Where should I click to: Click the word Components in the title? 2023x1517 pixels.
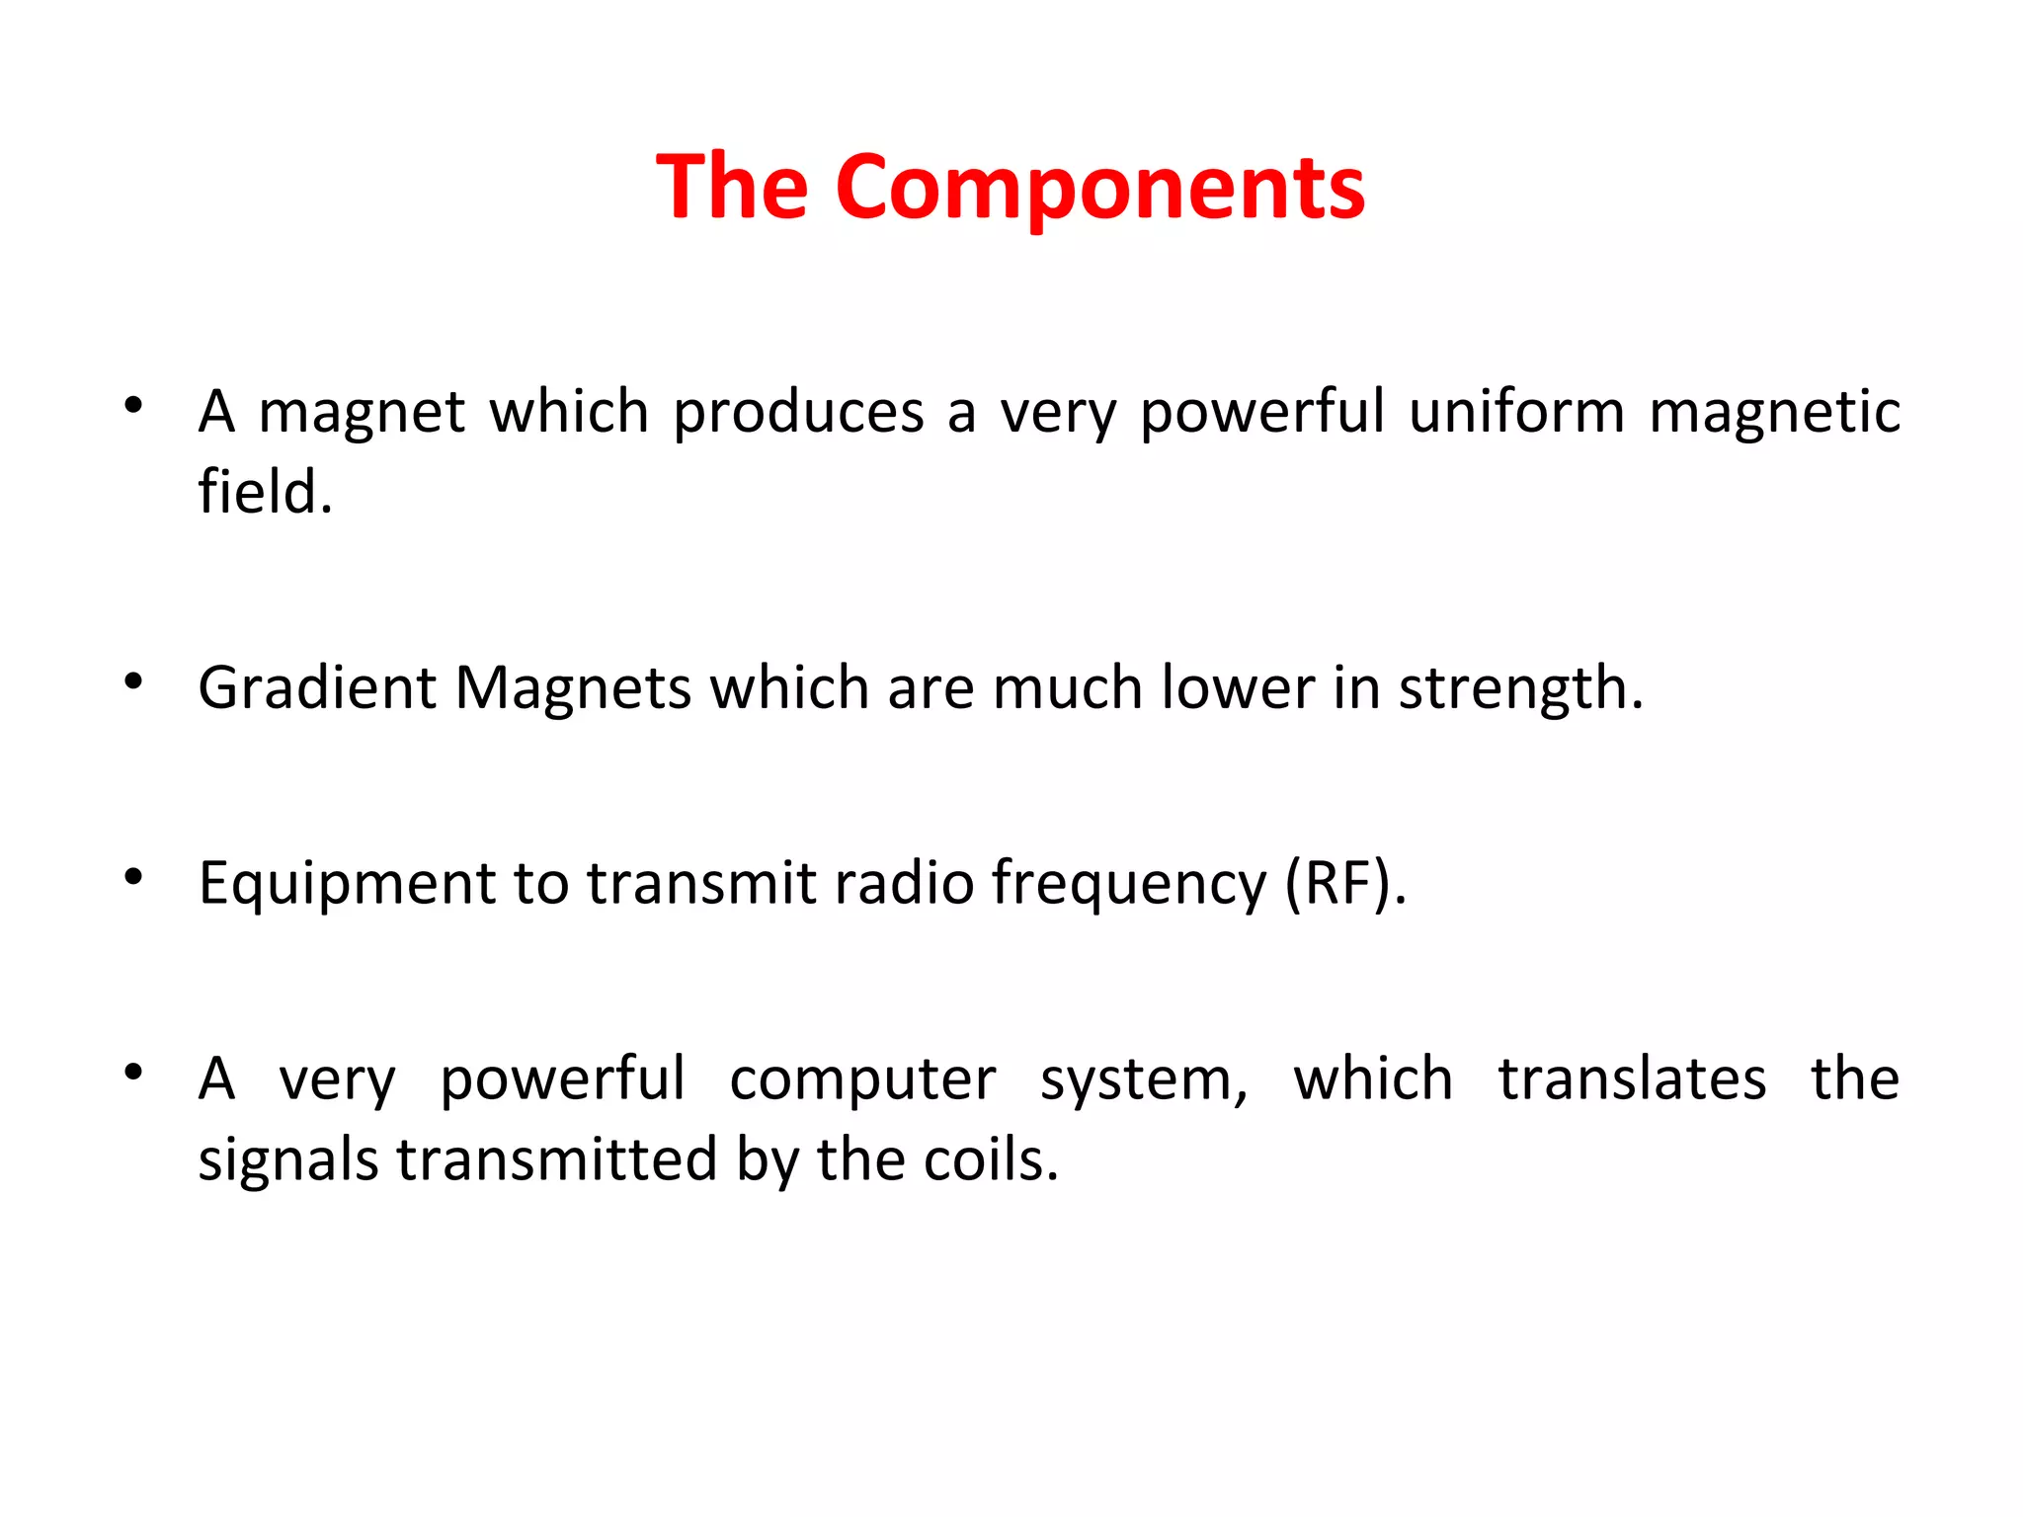point(1099,188)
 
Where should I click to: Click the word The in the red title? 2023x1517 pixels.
point(732,188)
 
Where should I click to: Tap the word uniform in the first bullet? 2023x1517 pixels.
point(1516,412)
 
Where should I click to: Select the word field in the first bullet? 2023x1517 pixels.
point(262,492)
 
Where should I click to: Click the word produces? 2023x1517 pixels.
point(798,412)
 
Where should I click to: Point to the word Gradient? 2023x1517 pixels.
point(316,688)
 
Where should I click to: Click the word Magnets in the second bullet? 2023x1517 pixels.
point(573,688)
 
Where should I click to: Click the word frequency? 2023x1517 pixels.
point(1128,884)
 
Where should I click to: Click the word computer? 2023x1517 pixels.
point(862,1079)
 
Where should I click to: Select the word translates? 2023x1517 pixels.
point(1632,1079)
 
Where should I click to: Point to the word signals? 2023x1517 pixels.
point(287,1160)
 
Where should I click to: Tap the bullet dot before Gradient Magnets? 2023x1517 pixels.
point(134,680)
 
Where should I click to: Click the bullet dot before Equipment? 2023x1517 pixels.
point(134,876)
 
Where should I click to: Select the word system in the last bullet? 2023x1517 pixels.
point(1144,1079)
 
